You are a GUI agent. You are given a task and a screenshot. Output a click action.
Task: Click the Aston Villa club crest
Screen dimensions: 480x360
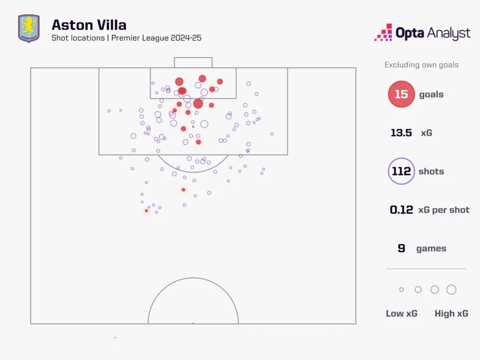[x=29, y=29]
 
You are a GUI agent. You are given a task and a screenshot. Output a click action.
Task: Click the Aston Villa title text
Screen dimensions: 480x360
[x=89, y=25]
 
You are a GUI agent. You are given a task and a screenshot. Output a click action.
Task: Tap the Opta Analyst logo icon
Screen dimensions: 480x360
[x=383, y=32]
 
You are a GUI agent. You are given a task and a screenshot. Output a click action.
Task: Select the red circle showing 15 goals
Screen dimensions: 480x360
[x=401, y=94]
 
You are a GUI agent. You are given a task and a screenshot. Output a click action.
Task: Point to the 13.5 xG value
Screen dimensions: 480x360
[x=401, y=133]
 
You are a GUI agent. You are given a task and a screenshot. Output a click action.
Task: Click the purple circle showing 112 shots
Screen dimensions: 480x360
[x=401, y=171]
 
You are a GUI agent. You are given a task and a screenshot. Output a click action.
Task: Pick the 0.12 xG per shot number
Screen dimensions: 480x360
[x=401, y=210]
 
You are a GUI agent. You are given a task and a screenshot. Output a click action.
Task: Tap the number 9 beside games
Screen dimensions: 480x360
[x=401, y=248]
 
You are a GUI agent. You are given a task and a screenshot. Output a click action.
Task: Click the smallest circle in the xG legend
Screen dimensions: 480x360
[x=401, y=290]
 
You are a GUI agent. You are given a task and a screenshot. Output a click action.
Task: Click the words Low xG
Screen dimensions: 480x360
[x=402, y=314]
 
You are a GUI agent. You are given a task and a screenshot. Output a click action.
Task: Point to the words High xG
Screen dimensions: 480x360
[x=451, y=314]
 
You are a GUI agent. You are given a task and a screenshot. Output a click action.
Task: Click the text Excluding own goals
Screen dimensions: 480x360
[x=421, y=65]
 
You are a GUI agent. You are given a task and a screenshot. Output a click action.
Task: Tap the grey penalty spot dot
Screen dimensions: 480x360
[x=193, y=127]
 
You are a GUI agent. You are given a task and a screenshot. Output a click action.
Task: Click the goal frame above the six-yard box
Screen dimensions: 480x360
[x=193, y=58]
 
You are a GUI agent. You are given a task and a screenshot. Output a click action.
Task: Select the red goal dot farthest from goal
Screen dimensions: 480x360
[x=146, y=211]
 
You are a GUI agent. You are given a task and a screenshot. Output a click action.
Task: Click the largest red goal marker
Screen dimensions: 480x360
[x=198, y=104]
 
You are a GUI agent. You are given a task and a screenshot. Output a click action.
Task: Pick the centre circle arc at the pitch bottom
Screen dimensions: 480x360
[x=193, y=278]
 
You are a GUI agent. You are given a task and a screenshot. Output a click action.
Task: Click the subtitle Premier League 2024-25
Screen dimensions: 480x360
[x=157, y=38]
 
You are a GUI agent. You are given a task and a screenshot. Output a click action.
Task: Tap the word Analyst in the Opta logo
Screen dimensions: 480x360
[x=449, y=33]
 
